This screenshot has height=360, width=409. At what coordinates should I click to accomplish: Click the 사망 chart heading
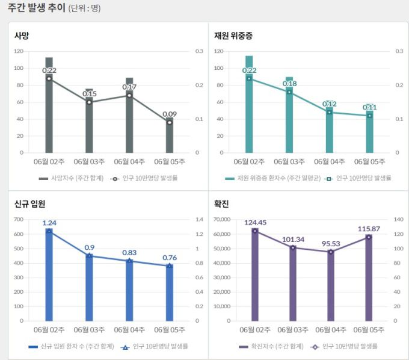(x=22, y=36)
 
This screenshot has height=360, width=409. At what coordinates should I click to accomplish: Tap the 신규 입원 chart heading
(x=30, y=204)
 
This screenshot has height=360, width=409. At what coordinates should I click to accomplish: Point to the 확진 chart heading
(x=221, y=204)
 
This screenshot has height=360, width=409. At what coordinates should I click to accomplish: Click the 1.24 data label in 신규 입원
(x=49, y=223)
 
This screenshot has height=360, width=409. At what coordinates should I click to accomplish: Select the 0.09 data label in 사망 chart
(x=170, y=114)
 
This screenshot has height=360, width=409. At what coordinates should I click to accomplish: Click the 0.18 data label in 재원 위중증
(x=289, y=84)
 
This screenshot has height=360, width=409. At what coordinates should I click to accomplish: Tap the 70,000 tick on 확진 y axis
(x=221, y=219)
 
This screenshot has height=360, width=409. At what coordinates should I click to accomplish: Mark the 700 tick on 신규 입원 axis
(x=19, y=219)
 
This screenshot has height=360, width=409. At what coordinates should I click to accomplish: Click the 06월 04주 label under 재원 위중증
(x=329, y=161)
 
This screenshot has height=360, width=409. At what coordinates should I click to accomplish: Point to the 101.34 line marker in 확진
(x=294, y=247)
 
